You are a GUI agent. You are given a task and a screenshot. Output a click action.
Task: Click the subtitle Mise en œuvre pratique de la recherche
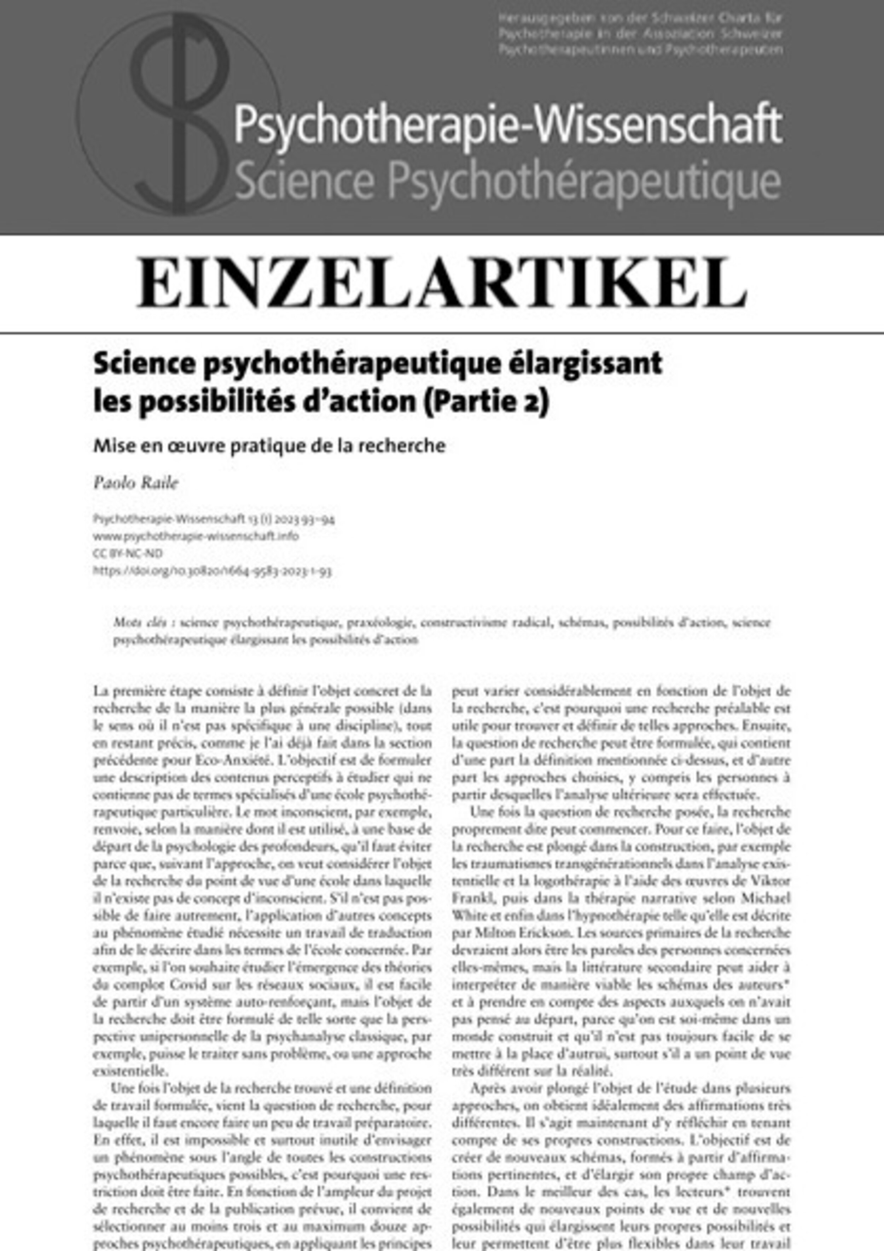[269, 446]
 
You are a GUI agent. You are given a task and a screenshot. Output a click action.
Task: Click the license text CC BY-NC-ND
[128, 553]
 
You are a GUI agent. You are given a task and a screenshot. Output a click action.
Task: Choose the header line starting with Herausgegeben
[640, 18]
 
